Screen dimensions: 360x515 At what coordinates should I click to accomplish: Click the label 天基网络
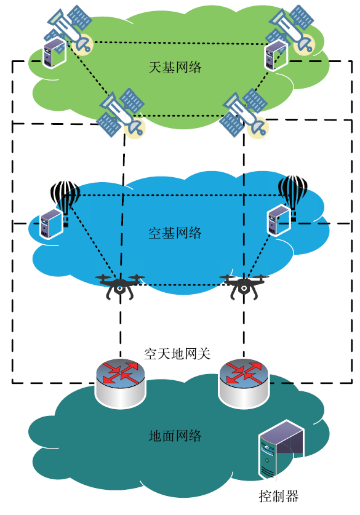(175, 67)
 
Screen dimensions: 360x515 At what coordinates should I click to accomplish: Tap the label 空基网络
(175, 233)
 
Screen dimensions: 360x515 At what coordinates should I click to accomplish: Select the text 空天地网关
(177, 354)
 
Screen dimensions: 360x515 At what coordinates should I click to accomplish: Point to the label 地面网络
(175, 436)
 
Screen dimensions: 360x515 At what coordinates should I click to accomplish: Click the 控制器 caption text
(279, 496)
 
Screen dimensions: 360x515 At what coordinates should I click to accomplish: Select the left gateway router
(120, 383)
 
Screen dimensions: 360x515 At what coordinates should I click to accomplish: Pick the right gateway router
(244, 383)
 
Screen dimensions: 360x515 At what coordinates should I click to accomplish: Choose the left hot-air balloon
(65, 201)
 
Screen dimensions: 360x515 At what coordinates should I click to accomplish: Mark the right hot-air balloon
(293, 196)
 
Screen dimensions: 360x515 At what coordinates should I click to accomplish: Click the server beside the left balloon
(51, 223)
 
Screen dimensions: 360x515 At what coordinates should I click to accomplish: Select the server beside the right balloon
(279, 220)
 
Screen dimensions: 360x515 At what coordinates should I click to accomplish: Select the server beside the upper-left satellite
(55, 52)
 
